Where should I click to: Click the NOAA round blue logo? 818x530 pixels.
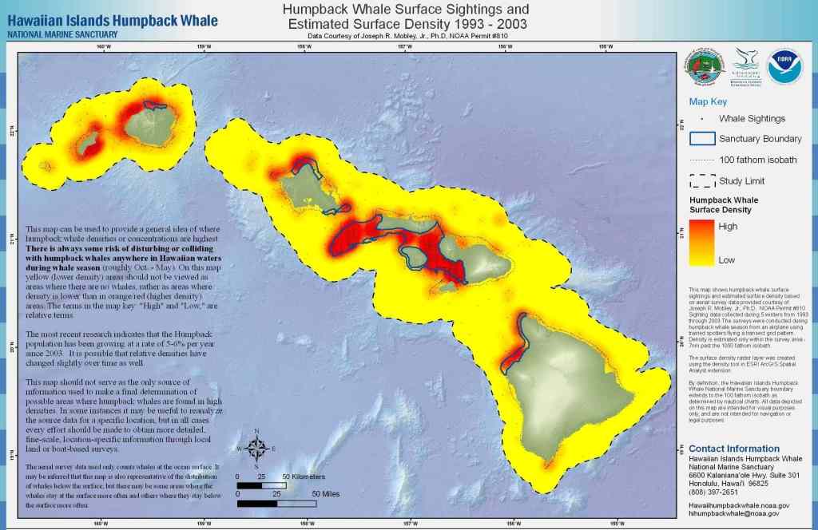(x=784, y=67)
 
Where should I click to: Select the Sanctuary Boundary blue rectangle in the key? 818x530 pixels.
(x=702, y=138)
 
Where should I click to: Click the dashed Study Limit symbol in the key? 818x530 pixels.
(x=702, y=181)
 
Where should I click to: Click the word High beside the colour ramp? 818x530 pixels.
(x=729, y=227)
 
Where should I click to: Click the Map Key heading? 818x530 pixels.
(x=708, y=101)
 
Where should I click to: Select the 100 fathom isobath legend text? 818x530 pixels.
(x=757, y=160)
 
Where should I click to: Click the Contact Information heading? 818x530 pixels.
(x=734, y=449)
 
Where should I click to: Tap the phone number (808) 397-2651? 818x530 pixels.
(x=714, y=492)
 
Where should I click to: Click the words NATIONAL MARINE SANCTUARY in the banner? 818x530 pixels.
(x=62, y=34)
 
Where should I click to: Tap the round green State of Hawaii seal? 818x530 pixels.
(x=705, y=68)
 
